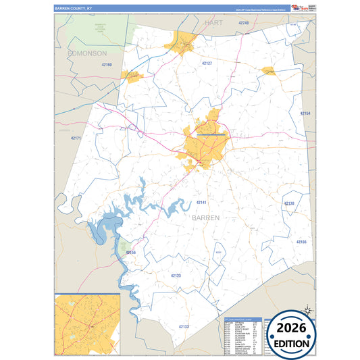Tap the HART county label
[213, 23]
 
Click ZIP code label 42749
[244, 23]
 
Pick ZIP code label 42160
[106, 65]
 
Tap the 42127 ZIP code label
[207, 63]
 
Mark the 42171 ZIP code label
[76, 138]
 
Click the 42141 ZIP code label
[201, 203]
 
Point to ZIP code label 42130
[289, 203]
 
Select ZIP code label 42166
[301, 241]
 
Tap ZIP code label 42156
[130, 253]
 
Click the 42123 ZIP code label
[176, 276]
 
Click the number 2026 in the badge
[292, 329]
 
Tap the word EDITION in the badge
[292, 343]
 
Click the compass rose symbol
[307, 310]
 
